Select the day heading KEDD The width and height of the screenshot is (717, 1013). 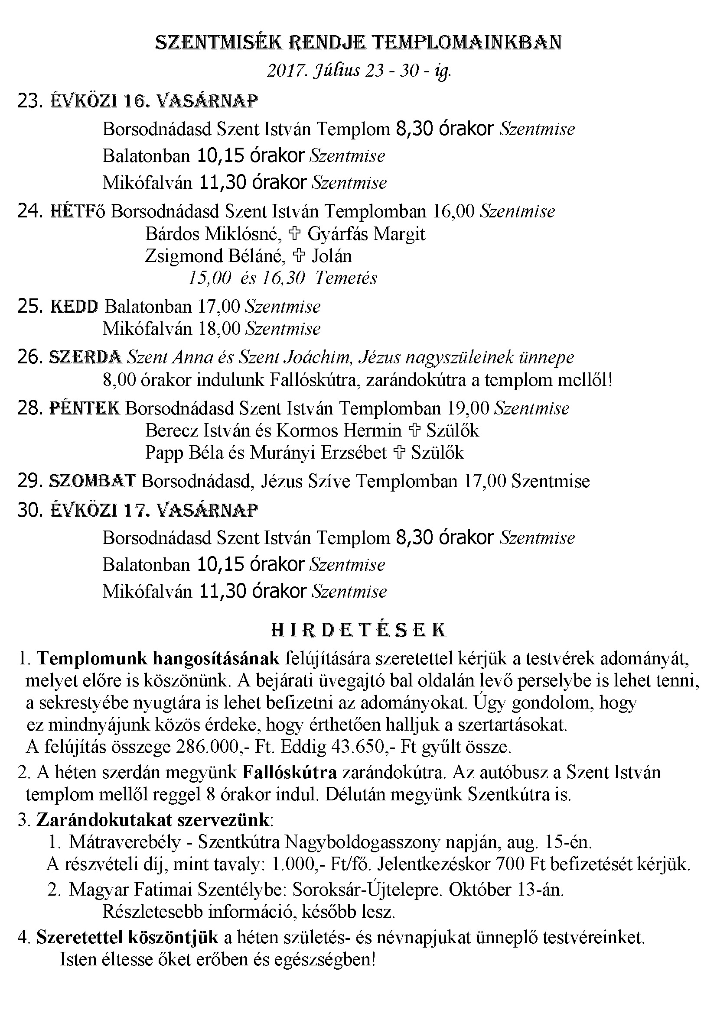[x=74, y=307]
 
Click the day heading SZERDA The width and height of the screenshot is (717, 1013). [x=85, y=357]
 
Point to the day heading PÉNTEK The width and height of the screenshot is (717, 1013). [x=84, y=408]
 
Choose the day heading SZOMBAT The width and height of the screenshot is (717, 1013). [x=92, y=481]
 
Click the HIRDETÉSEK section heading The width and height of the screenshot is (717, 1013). [x=358, y=631]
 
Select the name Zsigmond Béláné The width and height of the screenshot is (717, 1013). [x=213, y=256]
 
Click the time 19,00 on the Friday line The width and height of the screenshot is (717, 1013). [x=468, y=408]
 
